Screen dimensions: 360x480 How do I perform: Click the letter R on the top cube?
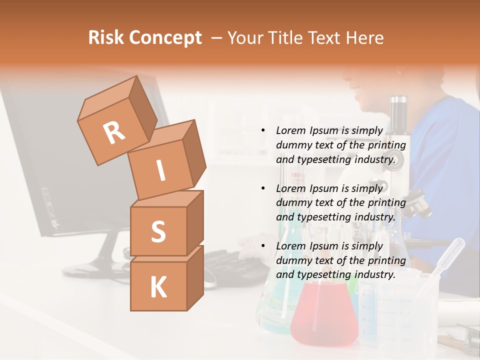[x=114, y=132]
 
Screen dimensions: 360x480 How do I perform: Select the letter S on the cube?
[x=158, y=231]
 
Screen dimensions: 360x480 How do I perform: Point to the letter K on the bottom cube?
[x=158, y=287]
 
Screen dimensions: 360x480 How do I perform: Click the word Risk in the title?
[x=105, y=37]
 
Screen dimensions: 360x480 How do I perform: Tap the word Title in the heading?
[x=286, y=37]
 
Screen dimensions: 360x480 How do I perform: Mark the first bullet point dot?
[x=263, y=131]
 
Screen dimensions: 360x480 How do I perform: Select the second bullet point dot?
[x=263, y=188]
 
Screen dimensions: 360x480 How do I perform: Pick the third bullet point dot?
[x=263, y=246]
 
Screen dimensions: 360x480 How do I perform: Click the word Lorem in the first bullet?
[x=290, y=130]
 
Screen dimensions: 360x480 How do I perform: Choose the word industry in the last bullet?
[x=374, y=274]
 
